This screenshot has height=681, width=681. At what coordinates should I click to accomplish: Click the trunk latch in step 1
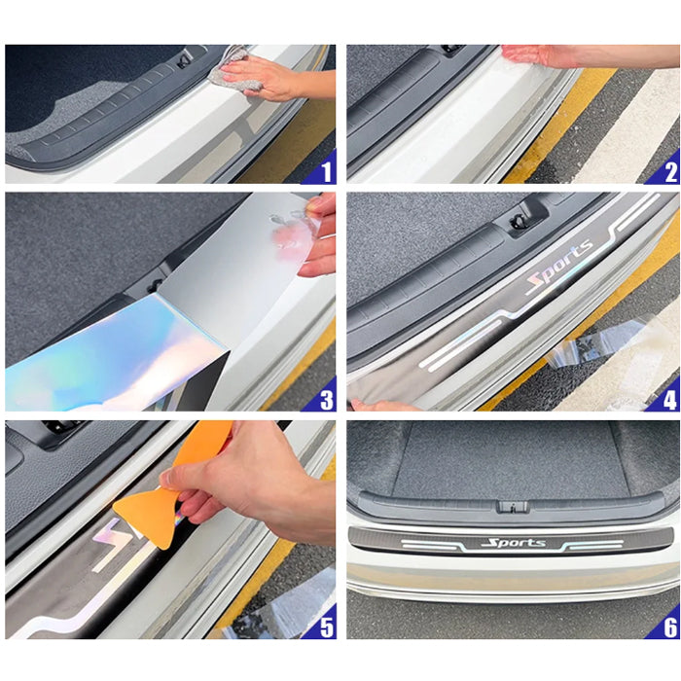click(x=184, y=59)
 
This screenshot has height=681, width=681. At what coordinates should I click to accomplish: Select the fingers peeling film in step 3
click(x=319, y=236)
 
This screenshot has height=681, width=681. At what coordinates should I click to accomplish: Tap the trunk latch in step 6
click(x=514, y=507)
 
